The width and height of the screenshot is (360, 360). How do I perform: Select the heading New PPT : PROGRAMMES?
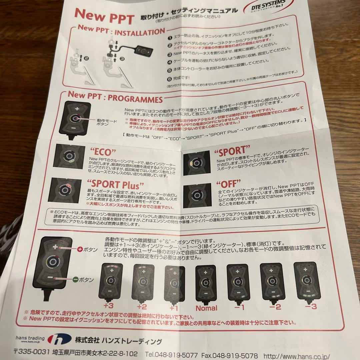point(115,99)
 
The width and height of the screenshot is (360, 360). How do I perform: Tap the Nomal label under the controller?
point(206,308)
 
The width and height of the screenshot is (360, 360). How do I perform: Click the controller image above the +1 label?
point(175,281)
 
